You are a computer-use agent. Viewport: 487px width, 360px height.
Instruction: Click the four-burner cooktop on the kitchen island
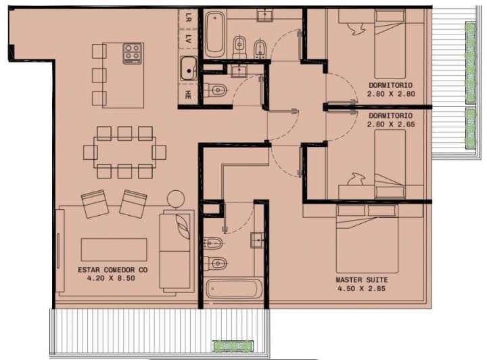point(133,53)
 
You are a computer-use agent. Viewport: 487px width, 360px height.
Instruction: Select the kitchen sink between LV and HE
point(189,68)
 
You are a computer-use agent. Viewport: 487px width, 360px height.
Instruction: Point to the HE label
point(188,95)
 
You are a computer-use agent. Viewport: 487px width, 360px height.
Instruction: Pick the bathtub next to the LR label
point(215,35)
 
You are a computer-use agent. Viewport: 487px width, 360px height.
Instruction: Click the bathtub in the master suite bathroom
point(232,289)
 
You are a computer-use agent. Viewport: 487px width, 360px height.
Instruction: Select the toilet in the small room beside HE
point(216,89)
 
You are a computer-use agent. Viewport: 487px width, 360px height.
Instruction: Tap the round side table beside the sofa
point(175,198)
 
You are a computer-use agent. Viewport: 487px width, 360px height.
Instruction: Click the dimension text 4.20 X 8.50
point(113,278)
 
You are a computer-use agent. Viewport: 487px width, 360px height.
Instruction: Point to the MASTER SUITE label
point(362,279)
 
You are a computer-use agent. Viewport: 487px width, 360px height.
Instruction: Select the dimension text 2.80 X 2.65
point(392,125)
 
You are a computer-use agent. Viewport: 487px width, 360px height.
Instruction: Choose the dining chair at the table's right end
point(160,151)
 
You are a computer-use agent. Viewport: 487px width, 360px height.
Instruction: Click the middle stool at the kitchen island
point(99,74)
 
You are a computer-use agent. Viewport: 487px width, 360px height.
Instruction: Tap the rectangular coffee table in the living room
point(113,249)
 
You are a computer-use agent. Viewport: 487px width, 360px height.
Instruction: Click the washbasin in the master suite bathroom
point(257,239)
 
